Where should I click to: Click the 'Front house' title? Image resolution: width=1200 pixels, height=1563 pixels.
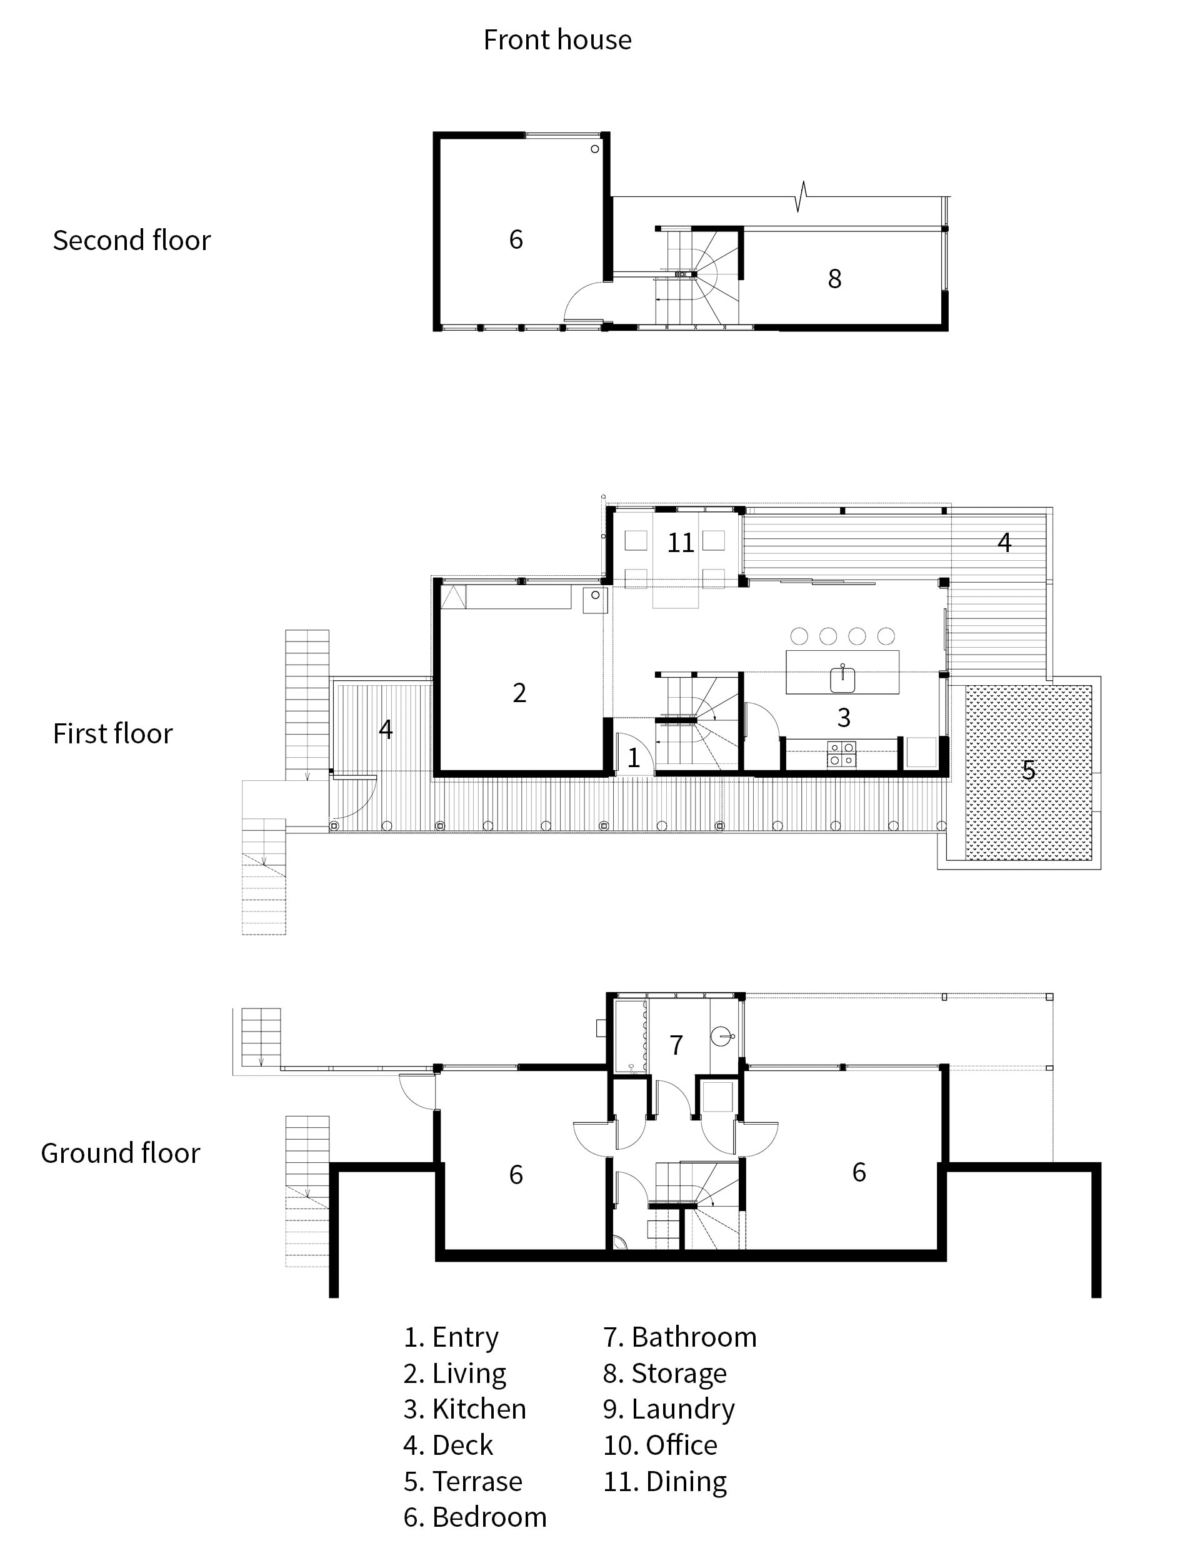pyautogui.click(x=557, y=40)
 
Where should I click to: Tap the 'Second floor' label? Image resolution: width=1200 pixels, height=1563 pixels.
pyautogui.click(x=131, y=241)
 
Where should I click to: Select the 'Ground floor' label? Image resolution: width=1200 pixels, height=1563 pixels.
pyautogui.click(x=120, y=1153)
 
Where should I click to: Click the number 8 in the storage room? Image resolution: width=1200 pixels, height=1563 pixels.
pyautogui.click(x=834, y=279)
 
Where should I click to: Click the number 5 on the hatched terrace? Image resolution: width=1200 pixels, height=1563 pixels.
pyautogui.click(x=1028, y=770)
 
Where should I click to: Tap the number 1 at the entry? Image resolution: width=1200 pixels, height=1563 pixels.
pyautogui.click(x=634, y=758)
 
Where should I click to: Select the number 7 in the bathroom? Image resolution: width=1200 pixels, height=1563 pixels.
pyautogui.click(x=676, y=1045)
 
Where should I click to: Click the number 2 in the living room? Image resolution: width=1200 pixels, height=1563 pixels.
pyautogui.click(x=519, y=693)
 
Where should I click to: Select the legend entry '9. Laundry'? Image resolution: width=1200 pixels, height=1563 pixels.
pyautogui.click(x=669, y=1409)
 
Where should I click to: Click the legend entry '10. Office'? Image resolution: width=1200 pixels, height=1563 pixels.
pyautogui.click(x=660, y=1444)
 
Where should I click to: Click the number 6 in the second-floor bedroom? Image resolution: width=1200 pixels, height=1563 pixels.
pyautogui.click(x=516, y=239)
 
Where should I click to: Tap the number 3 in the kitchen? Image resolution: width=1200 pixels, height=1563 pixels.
pyautogui.click(x=844, y=718)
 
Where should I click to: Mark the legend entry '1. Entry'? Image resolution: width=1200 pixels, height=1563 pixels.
pyautogui.click(x=451, y=1337)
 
